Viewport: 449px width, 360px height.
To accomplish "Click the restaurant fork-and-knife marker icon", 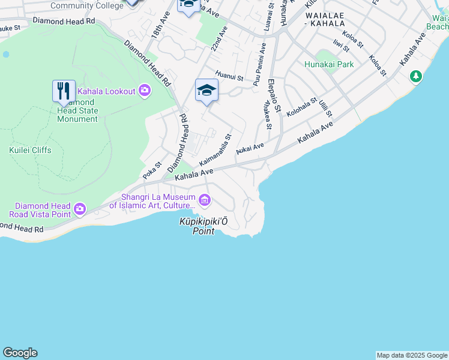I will (64, 91).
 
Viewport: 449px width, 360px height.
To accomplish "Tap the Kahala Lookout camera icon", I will (144, 91).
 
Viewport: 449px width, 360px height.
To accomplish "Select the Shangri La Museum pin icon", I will (205, 200).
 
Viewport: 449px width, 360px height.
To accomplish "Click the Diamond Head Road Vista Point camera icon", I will (80, 209).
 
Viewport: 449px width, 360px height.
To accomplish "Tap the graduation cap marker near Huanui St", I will (206, 90).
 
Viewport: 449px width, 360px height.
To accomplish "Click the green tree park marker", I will (415, 76).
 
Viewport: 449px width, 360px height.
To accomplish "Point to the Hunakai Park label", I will (329, 64).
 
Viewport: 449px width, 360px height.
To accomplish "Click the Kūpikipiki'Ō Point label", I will (203, 226).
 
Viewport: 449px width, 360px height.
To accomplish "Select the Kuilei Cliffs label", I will (31, 150).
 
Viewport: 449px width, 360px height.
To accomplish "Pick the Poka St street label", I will (152, 170).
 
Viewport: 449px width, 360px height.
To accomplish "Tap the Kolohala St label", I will (301, 107).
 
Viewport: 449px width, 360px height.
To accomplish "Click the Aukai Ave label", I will (250, 148).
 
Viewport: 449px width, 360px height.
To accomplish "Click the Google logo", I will (20, 353).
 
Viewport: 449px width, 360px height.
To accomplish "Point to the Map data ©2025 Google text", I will (412, 355).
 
